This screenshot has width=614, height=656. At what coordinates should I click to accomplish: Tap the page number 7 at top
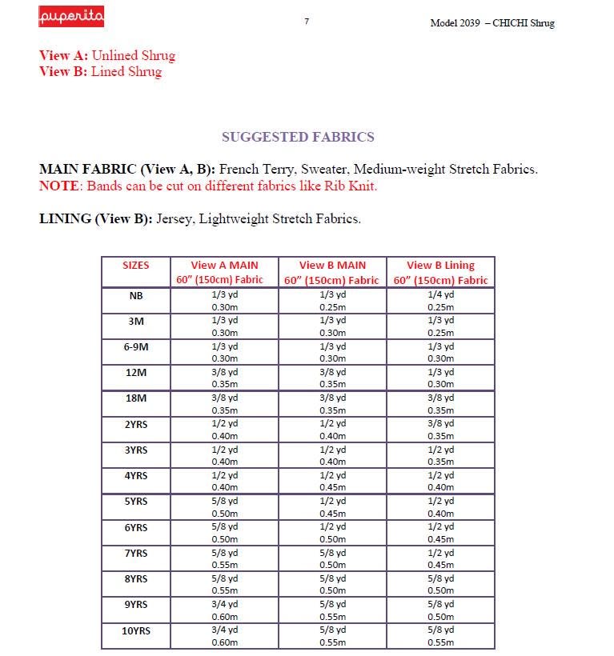307,22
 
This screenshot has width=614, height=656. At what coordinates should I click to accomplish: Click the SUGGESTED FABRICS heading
298,137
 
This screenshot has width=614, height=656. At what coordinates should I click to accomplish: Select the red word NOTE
61,186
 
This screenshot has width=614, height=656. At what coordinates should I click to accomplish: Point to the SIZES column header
135,266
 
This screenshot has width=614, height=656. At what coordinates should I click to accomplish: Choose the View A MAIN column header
224,272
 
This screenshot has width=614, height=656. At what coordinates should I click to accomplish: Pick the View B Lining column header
440,272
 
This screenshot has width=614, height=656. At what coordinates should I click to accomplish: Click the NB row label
136,295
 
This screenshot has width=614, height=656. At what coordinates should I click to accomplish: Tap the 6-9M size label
136,347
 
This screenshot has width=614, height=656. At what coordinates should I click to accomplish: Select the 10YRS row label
136,631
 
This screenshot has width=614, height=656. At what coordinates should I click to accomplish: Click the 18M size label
136,398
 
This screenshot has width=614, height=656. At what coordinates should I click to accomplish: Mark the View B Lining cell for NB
440,301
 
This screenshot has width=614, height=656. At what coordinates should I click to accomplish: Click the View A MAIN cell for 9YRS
224,610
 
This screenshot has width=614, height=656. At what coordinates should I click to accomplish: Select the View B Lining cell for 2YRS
440,430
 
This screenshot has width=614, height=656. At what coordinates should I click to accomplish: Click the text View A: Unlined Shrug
107,56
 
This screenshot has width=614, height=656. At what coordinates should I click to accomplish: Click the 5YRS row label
136,502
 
